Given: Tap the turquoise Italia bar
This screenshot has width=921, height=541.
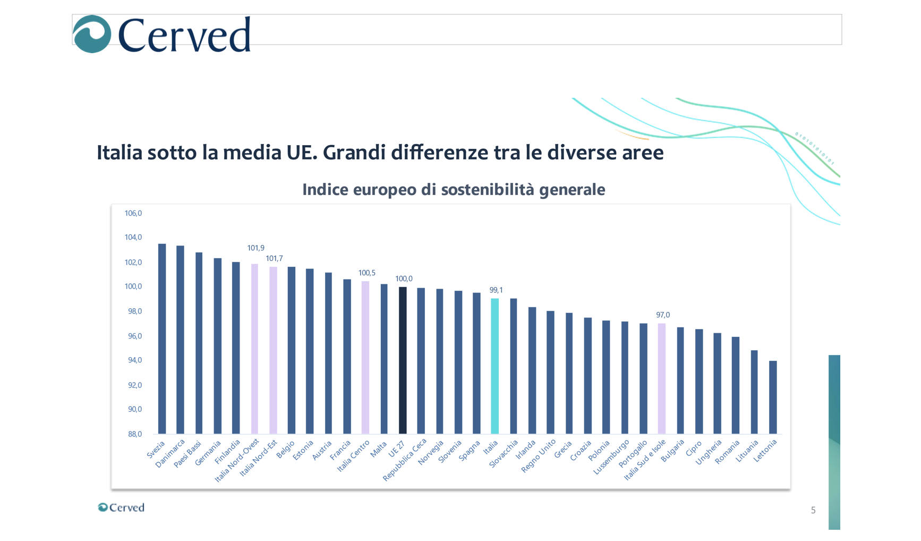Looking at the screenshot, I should pyautogui.click(x=494, y=366).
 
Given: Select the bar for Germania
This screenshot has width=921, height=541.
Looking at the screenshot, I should pyautogui.click(x=217, y=346).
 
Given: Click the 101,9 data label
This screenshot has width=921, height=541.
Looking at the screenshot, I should pyautogui.click(x=255, y=248).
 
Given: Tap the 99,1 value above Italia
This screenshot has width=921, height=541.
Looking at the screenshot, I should pyautogui.click(x=496, y=290).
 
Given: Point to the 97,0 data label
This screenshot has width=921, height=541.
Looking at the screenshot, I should pyautogui.click(x=663, y=315).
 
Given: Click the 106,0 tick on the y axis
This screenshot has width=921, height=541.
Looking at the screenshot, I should pyautogui.click(x=133, y=214).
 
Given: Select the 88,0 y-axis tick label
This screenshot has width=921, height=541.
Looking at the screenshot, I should pyautogui.click(x=135, y=434).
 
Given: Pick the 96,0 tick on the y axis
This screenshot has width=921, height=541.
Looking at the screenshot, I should pyautogui.click(x=135, y=336).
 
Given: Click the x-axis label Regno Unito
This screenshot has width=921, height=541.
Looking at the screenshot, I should pyautogui.click(x=539, y=456).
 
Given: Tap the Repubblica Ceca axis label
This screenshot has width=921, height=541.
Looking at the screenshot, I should pyautogui.click(x=405, y=460).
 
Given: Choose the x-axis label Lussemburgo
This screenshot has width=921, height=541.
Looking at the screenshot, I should pyautogui.click(x=611, y=458).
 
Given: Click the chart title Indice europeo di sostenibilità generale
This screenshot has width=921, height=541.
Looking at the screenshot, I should pyautogui.click(x=454, y=190).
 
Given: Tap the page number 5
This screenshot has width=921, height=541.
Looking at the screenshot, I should pyautogui.click(x=813, y=511).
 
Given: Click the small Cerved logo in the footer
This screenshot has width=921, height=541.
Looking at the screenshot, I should pyautogui.click(x=121, y=508).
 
